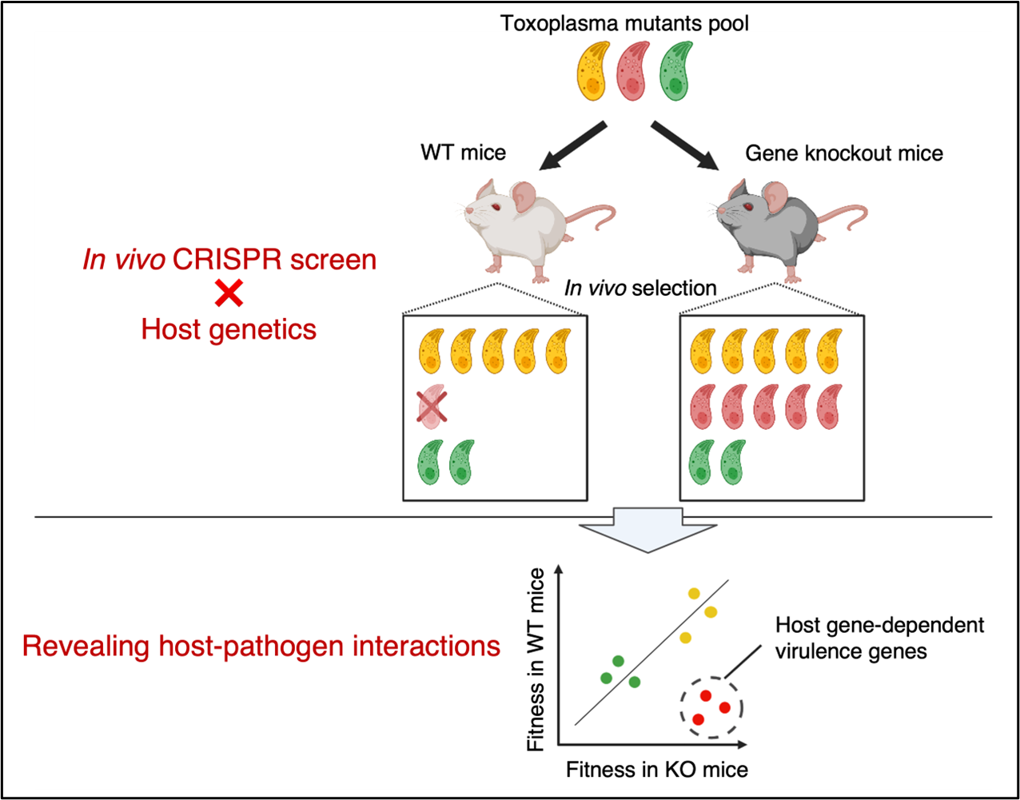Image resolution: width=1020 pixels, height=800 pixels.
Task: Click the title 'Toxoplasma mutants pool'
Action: coord(624,23)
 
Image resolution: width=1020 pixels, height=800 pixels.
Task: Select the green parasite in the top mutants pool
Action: coord(675,72)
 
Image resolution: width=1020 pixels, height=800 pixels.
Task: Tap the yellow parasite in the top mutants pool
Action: coord(593,72)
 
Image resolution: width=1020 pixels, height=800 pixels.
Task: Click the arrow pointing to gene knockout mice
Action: coord(685,145)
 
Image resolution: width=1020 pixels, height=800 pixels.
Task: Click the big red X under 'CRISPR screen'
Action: coord(229,294)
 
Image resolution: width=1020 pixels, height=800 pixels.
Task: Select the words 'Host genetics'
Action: coord(229,329)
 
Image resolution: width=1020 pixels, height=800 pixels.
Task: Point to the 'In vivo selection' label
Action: coord(639,288)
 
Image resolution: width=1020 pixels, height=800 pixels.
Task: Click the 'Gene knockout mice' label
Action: coord(843,153)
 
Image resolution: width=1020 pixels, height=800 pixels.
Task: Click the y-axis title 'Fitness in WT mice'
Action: coord(536,659)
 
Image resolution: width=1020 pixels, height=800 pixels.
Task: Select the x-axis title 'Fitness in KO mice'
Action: coord(657,770)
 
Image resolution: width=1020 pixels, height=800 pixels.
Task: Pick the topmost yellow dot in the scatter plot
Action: coord(694,593)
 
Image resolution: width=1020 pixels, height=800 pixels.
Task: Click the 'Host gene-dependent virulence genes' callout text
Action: coord(879,638)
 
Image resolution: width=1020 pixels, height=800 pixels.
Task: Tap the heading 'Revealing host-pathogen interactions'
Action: coord(261,646)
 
